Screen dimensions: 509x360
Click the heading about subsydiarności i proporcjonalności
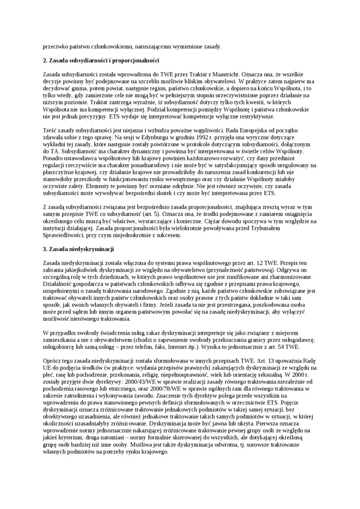[100, 61]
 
